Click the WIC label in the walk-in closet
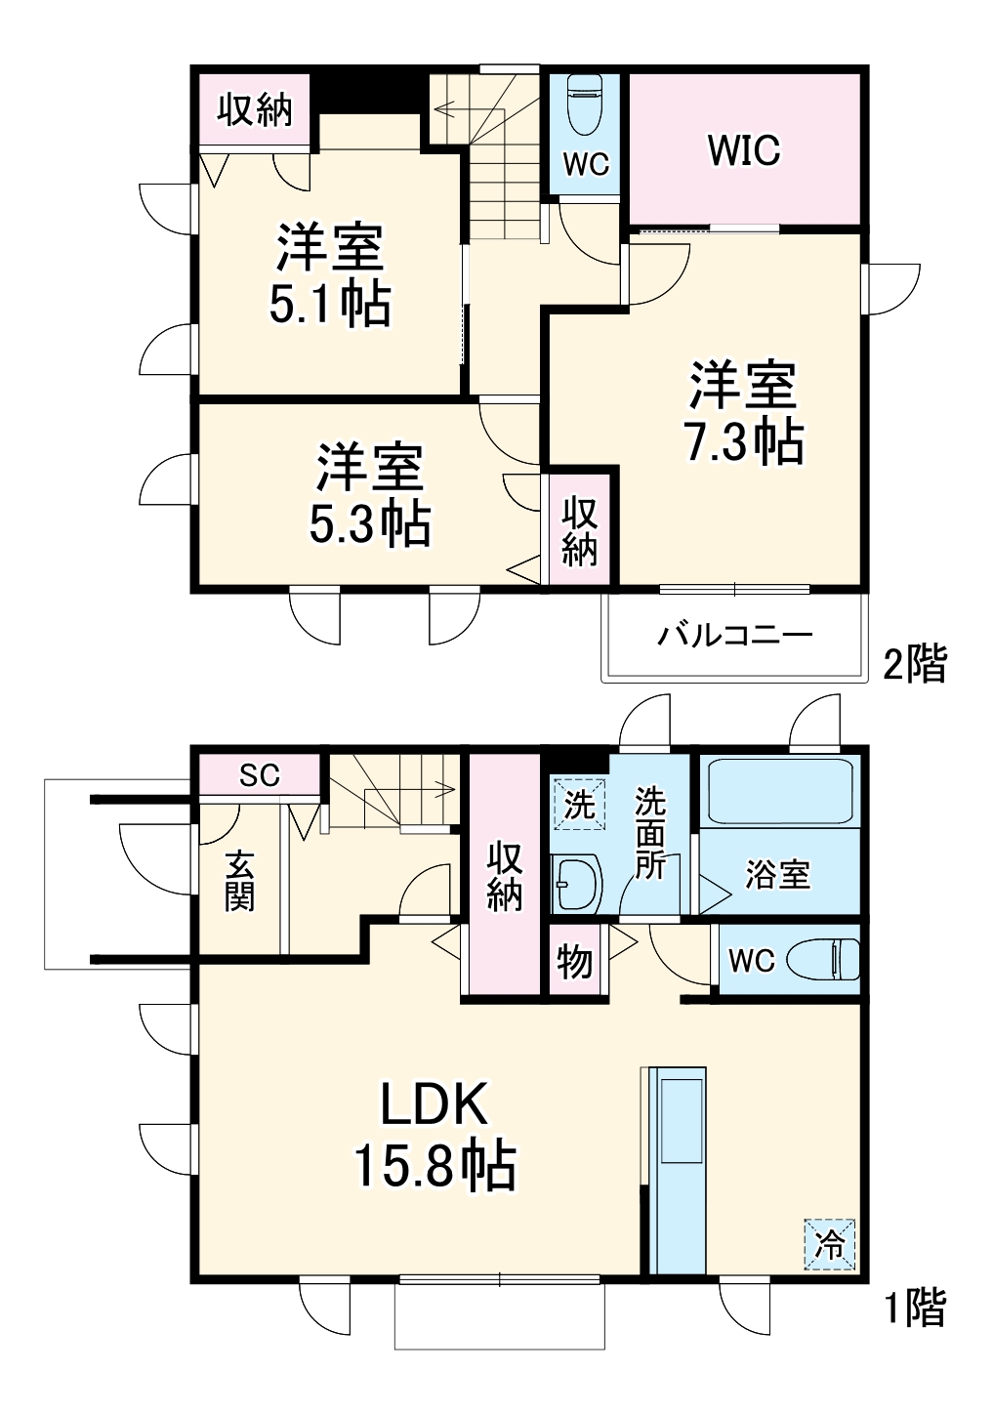coord(744,149)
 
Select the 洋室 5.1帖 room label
coord(330,274)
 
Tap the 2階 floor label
coord(914,664)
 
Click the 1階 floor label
coord(914,1308)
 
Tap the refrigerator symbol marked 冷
coord(830,1244)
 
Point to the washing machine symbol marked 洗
coord(579,804)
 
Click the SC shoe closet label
coord(260,775)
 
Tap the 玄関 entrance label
coord(239,881)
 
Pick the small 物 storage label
coord(575,961)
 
